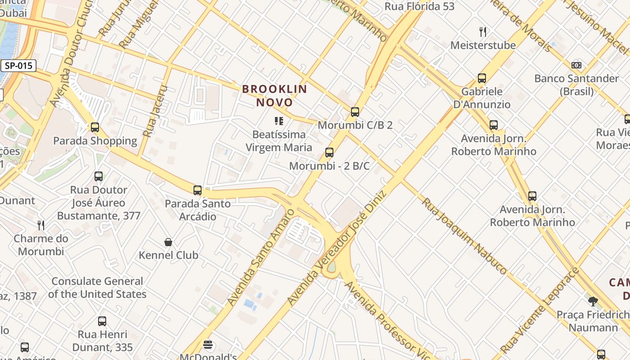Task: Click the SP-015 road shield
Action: click(x=18, y=66)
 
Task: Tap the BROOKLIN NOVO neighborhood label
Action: click(x=274, y=95)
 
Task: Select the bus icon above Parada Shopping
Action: click(x=94, y=127)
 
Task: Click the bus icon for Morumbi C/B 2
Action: click(x=355, y=112)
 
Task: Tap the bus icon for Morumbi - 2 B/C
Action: click(x=329, y=153)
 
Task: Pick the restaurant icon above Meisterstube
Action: click(x=483, y=32)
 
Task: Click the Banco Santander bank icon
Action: click(x=576, y=65)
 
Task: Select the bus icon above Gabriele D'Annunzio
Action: click(x=482, y=78)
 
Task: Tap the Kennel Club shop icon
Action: click(x=168, y=243)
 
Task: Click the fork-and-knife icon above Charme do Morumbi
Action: click(x=41, y=225)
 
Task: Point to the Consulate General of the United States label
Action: click(x=97, y=288)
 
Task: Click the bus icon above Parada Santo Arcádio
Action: click(x=197, y=190)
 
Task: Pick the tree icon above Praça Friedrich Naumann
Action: click(x=593, y=301)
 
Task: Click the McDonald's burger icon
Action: click(x=208, y=345)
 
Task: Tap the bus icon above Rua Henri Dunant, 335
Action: click(x=102, y=321)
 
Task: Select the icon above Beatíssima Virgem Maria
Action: click(x=279, y=121)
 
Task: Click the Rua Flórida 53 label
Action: click(x=419, y=6)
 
